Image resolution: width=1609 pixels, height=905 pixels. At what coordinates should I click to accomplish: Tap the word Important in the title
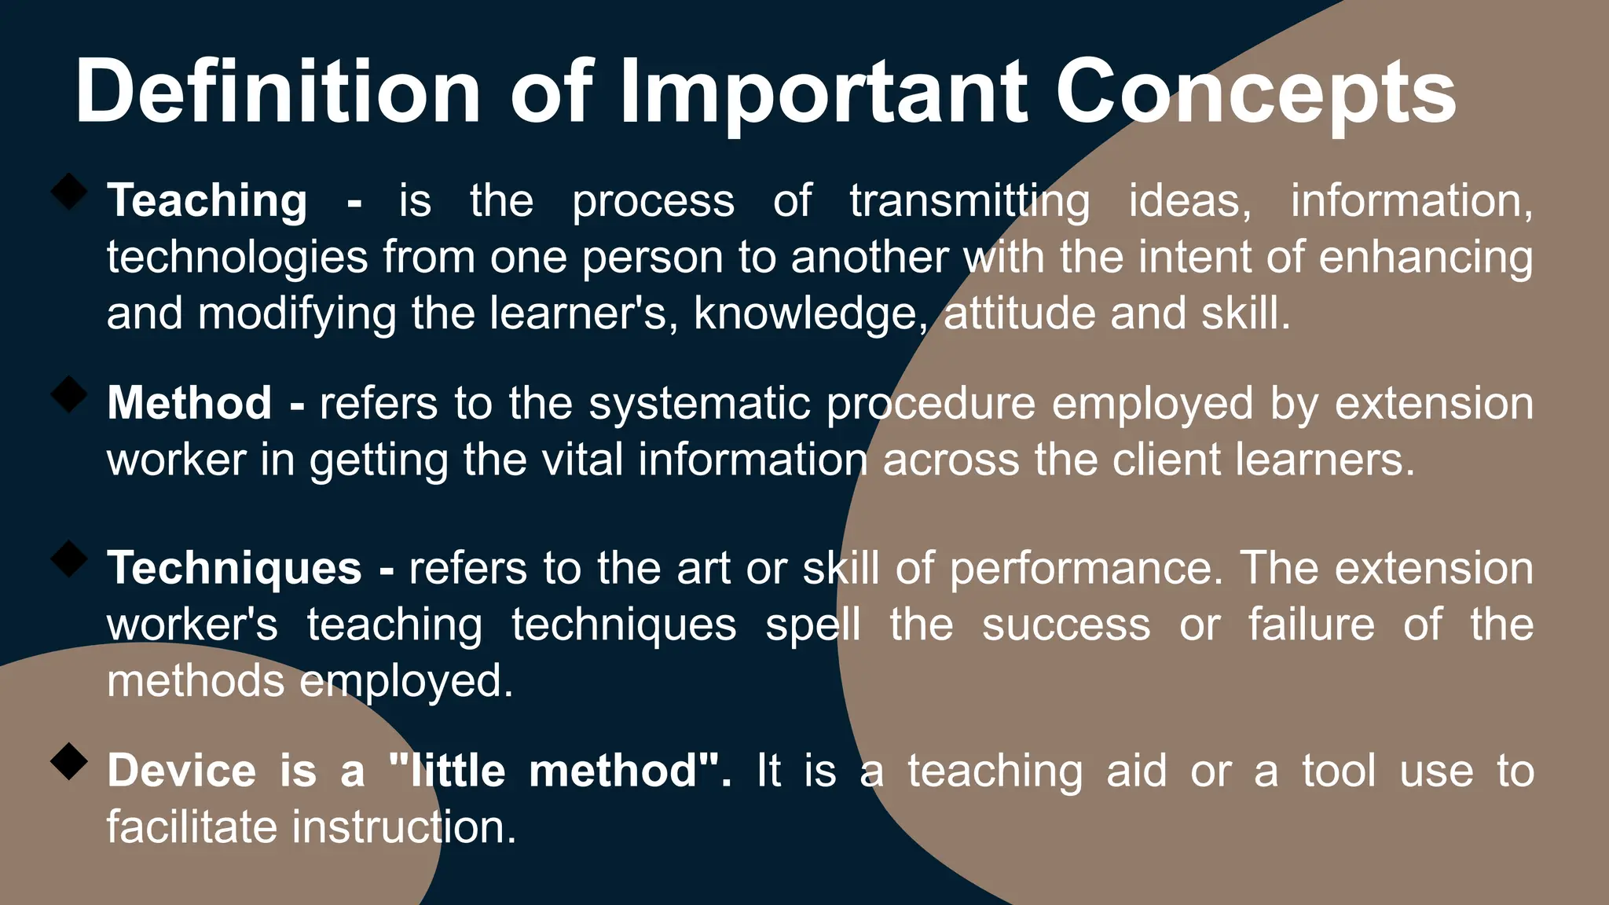(823, 93)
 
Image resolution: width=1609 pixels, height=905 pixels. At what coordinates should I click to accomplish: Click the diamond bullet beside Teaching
(69, 192)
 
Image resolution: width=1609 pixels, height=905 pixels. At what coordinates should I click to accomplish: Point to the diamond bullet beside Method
(69, 394)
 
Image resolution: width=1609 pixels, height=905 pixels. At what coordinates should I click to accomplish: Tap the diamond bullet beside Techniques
(69, 559)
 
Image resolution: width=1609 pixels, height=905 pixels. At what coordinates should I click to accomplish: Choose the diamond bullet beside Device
(69, 762)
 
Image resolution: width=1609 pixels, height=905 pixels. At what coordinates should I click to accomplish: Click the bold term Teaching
(207, 201)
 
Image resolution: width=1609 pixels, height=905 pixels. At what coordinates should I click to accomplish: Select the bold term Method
(189, 404)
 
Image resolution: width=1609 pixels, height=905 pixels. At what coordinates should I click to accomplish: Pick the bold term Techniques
(234, 569)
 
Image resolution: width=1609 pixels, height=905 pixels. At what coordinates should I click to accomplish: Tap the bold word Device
(181, 771)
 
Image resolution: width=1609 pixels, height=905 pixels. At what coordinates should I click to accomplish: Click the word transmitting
(969, 201)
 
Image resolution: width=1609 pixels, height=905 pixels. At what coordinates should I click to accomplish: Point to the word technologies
(237, 258)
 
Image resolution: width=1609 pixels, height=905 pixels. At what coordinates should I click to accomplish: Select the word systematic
(699, 404)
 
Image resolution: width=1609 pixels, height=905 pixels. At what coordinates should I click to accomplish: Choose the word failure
(1312, 625)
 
